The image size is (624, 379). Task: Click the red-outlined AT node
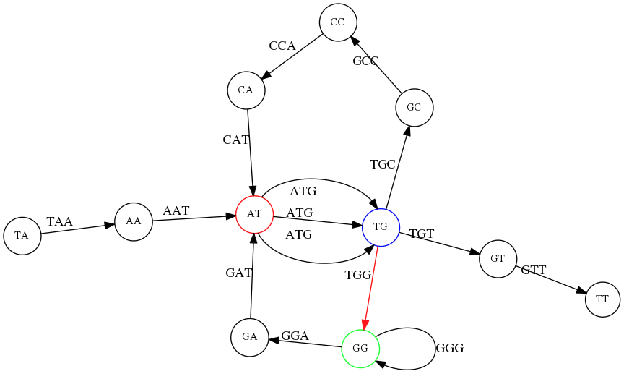(254, 214)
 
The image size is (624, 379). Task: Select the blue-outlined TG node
(381, 227)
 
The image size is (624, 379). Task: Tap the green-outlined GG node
(360, 348)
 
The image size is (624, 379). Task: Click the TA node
(22, 236)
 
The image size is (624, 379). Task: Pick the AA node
(134, 221)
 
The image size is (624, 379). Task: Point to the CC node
(337, 22)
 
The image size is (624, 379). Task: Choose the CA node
(246, 90)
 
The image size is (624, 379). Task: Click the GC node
(414, 108)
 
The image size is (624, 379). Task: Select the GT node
(498, 258)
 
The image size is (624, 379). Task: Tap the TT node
(602, 299)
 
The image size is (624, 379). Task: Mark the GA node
(250, 337)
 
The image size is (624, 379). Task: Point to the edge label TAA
(60, 221)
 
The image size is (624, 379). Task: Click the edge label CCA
(282, 46)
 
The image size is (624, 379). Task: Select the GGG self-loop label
(449, 348)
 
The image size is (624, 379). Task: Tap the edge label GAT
(239, 273)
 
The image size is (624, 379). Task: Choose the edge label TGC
(383, 164)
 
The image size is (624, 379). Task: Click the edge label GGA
(295, 336)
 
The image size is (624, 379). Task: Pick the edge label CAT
(236, 139)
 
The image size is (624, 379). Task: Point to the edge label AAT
(176, 210)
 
